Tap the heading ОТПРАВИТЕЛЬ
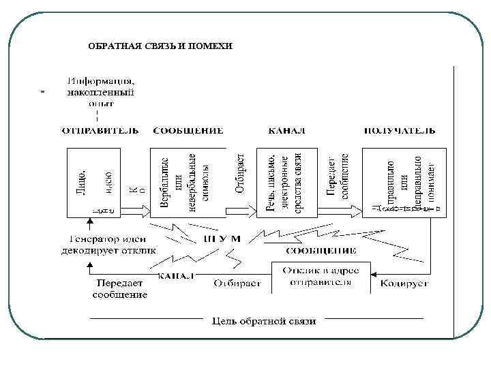coord(101,130)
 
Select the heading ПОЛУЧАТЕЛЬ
coord(400,130)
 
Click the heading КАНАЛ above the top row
coord(287,130)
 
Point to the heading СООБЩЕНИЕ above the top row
coord(188,130)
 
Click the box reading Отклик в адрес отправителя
coord(321,277)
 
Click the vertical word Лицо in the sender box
coord(81,180)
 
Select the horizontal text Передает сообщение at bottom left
coord(120,289)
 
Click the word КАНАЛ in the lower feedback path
coord(177,275)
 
